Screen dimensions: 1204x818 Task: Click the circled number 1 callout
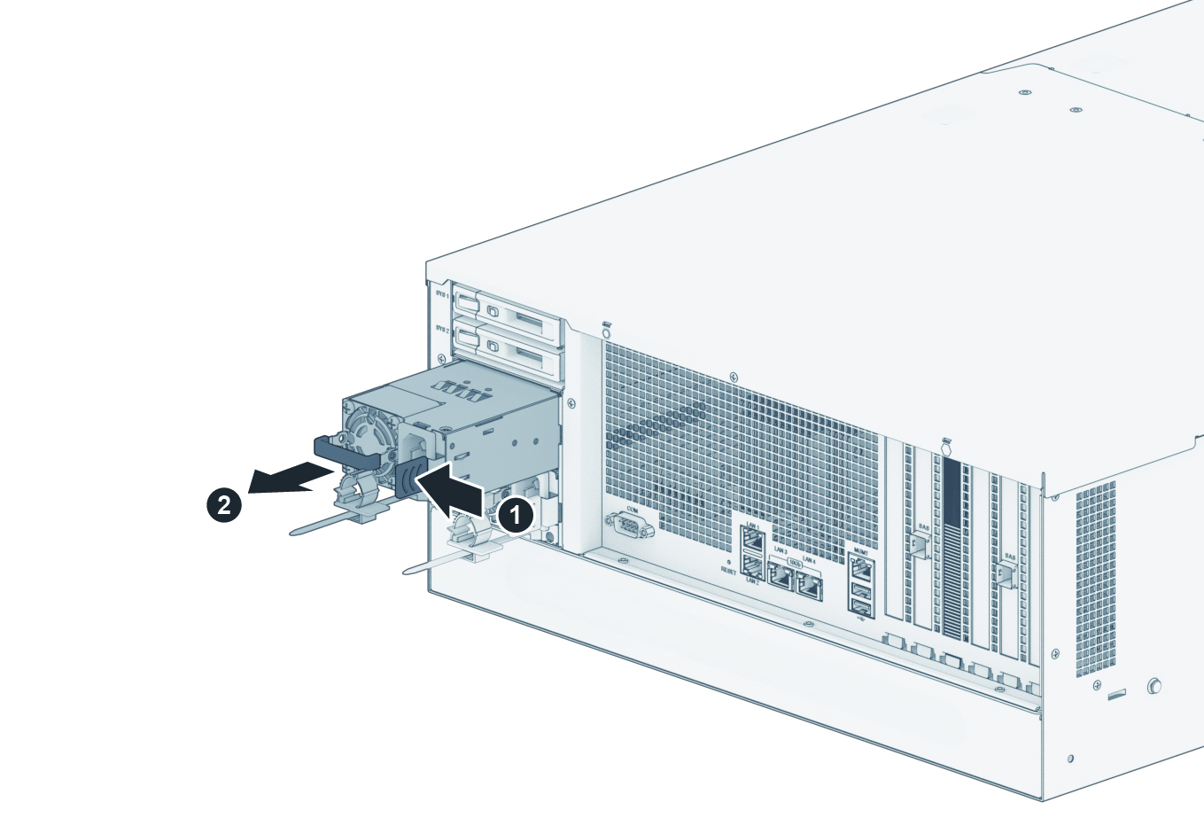pos(515,513)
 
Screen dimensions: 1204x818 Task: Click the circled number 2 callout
pos(223,505)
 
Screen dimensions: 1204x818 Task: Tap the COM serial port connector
pos(631,528)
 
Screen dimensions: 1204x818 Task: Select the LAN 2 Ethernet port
pos(752,568)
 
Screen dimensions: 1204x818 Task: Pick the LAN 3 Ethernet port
pos(781,577)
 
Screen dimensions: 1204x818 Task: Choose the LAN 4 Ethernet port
pos(809,583)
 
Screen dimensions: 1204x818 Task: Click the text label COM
pos(632,510)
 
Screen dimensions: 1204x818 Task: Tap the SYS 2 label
pos(440,330)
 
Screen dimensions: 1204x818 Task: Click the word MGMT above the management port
pos(859,550)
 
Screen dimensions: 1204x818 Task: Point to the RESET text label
pos(728,573)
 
